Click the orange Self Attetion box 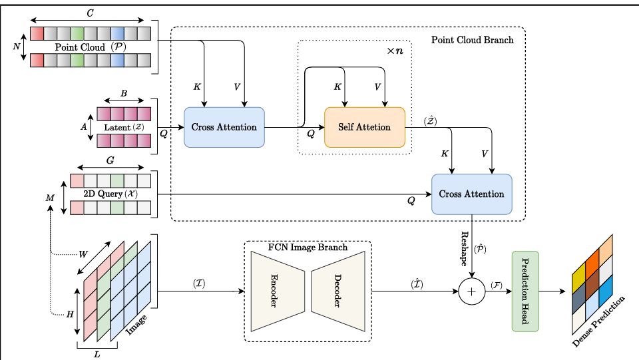click(364, 127)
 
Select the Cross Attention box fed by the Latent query click(224, 127)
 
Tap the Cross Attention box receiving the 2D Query click(471, 194)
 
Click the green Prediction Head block click(525, 291)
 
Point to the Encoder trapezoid click(275, 291)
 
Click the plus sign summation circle click(472, 291)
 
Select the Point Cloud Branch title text click(472, 40)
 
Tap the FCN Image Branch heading click(308, 248)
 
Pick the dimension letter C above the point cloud click(91, 12)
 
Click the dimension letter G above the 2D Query click(110, 160)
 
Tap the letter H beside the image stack click(69, 314)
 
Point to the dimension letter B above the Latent click(124, 94)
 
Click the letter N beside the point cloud click(16, 47)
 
